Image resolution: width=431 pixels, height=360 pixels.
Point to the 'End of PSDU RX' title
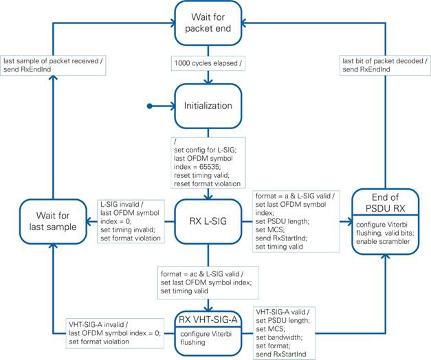386,203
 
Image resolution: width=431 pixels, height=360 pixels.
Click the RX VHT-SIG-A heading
208,320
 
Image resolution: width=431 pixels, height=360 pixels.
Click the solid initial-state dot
150,106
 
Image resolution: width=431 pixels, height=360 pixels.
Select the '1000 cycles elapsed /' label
208,63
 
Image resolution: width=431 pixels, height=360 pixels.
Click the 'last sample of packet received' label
51,60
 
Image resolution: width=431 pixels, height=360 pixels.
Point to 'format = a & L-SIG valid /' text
295,196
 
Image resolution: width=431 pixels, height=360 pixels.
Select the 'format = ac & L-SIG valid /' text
202,274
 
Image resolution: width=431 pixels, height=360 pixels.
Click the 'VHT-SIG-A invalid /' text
98,324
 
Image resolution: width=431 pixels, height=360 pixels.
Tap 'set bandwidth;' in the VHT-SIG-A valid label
279,337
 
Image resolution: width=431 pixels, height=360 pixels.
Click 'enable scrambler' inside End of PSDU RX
383,242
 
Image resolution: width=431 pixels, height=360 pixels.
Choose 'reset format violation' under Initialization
208,183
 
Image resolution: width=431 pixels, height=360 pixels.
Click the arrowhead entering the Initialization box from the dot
173,106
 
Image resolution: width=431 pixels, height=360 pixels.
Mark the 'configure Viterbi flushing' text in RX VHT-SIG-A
206,338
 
